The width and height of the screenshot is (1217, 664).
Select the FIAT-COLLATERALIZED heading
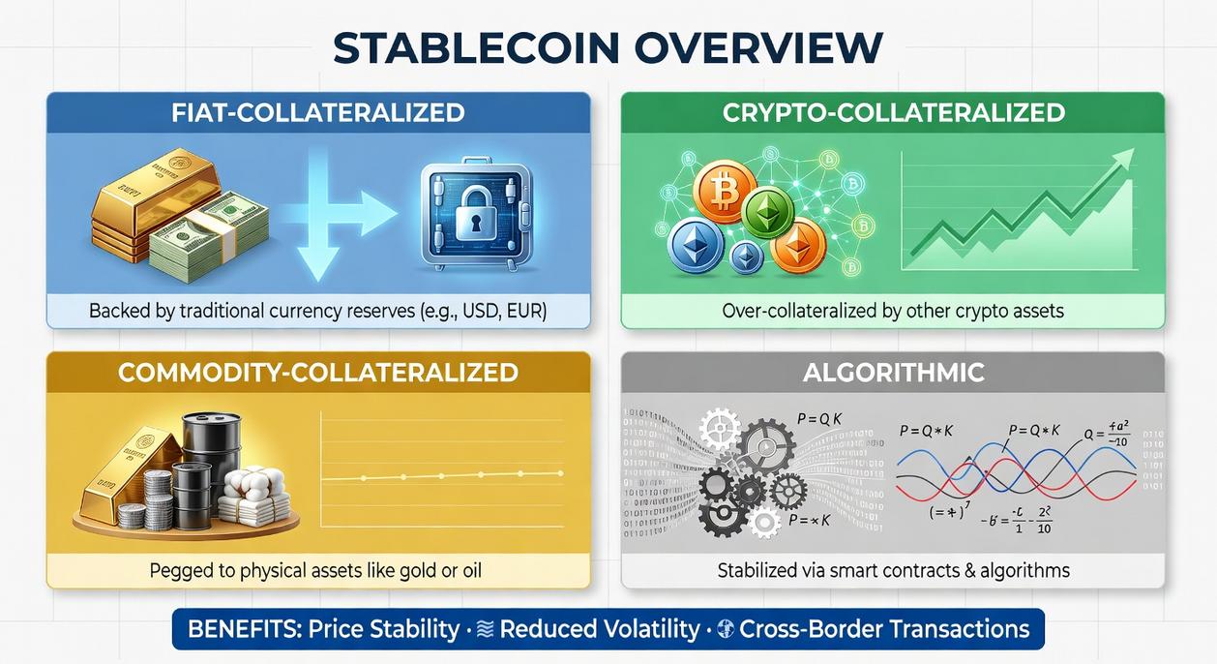pos(318,113)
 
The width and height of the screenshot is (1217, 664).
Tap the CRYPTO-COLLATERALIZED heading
pos(893,113)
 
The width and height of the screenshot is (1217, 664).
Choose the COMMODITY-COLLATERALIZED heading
pos(318,373)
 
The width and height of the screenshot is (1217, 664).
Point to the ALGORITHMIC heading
pos(893,373)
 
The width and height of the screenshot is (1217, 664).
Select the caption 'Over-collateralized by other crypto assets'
pos(893,313)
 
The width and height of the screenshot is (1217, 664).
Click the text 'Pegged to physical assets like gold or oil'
pos(315,570)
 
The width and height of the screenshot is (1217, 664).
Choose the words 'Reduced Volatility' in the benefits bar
pos(600,629)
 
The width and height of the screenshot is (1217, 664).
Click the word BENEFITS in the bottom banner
pos(242,629)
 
